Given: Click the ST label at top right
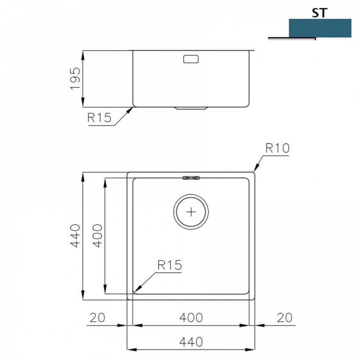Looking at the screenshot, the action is click(x=319, y=13).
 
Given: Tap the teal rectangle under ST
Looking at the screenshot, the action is click(x=320, y=28).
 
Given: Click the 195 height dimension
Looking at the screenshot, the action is click(x=75, y=78).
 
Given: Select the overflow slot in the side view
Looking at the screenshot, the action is click(x=191, y=59).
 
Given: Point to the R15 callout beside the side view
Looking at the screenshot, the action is click(x=100, y=118).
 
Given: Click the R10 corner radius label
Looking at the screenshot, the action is click(x=277, y=148).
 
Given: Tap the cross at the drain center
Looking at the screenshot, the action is click(x=191, y=212).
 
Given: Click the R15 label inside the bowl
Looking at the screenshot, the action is click(x=170, y=265).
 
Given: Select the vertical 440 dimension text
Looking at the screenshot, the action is click(x=75, y=236).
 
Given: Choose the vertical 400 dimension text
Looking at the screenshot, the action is click(x=97, y=236).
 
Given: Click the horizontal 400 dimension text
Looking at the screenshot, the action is click(x=191, y=318).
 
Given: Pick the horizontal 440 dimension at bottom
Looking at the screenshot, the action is click(x=191, y=342).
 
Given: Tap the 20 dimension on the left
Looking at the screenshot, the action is click(x=97, y=318).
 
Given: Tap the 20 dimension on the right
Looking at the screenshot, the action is click(x=285, y=318).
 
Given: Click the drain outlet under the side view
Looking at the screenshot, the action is click(x=191, y=108).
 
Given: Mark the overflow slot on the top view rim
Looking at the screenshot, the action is click(x=191, y=178).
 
